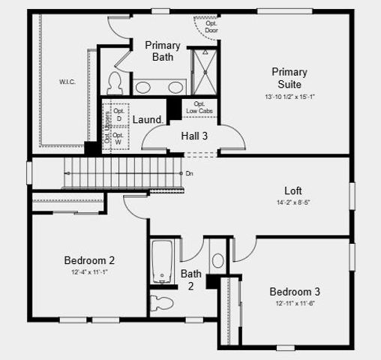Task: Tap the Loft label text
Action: (293, 190)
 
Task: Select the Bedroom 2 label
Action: (89, 260)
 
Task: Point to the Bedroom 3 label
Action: (295, 291)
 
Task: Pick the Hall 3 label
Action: (194, 136)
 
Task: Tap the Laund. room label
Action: (148, 119)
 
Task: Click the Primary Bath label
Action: (162, 51)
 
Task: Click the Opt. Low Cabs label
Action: (199, 107)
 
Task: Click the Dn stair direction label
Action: (190, 173)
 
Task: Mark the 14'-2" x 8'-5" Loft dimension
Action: (293, 202)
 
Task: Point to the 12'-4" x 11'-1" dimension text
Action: (89, 271)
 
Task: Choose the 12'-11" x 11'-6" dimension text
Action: (295, 302)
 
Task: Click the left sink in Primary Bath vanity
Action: (143, 87)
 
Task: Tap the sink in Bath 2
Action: (217, 261)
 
